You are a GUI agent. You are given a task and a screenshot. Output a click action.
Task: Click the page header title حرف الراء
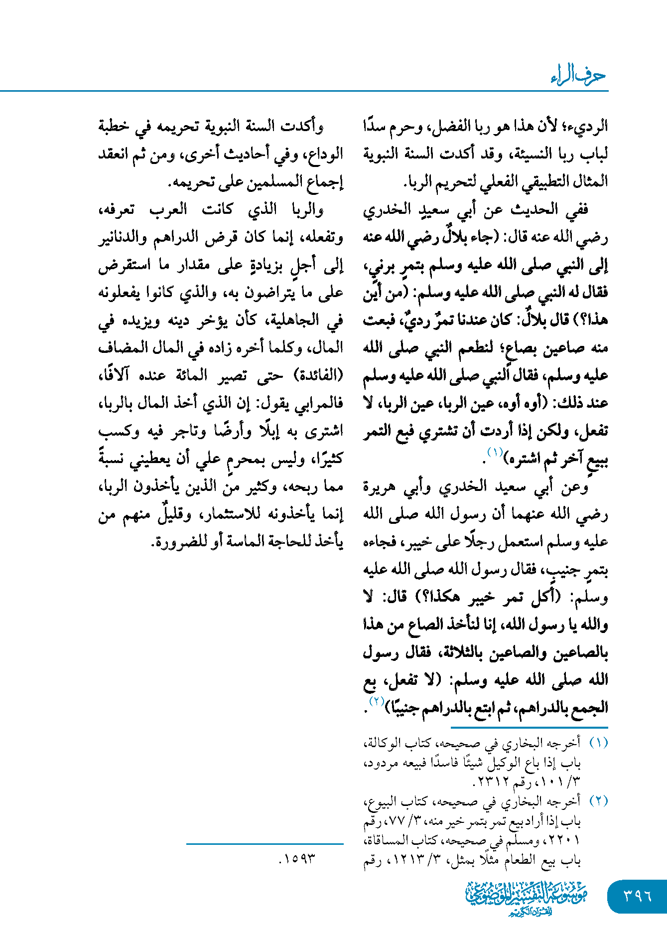(x=578, y=75)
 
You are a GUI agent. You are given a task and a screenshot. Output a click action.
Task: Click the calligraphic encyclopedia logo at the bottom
(x=526, y=898)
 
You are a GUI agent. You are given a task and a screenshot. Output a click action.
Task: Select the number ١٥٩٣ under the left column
(x=298, y=858)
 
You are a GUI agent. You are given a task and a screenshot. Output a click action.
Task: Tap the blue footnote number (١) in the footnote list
(x=598, y=743)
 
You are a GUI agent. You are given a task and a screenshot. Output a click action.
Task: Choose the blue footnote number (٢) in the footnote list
(x=598, y=801)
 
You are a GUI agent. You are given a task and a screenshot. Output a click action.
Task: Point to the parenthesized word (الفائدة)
(x=316, y=375)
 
